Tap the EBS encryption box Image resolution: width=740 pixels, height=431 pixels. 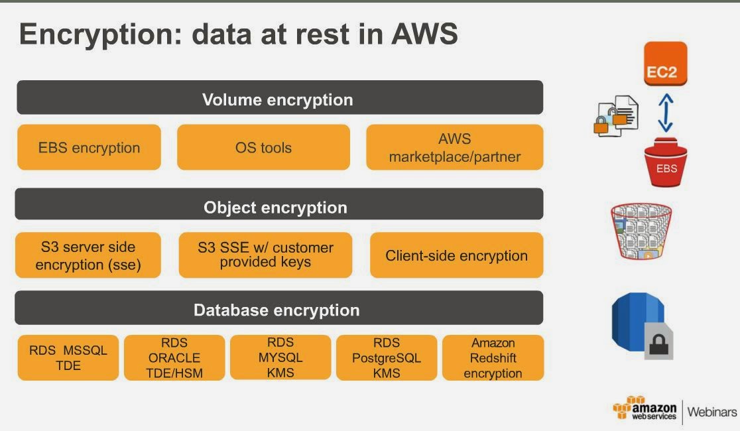click(x=89, y=147)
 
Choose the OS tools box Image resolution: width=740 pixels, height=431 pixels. click(x=263, y=147)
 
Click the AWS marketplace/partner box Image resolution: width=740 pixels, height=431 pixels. click(x=454, y=147)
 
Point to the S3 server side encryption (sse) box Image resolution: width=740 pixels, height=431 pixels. click(x=88, y=255)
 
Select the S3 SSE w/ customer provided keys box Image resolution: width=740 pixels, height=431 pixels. click(x=265, y=255)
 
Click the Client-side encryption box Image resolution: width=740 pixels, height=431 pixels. click(x=456, y=255)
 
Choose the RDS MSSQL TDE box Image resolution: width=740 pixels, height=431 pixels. click(x=68, y=357)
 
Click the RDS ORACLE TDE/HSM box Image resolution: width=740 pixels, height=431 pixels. click(x=174, y=357)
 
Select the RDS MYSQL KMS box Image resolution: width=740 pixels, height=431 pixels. click(x=280, y=357)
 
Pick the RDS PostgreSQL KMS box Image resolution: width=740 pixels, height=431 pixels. click(x=387, y=357)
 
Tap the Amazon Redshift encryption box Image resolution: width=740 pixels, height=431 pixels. click(x=493, y=357)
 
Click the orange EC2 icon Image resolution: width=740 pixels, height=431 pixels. click(x=665, y=64)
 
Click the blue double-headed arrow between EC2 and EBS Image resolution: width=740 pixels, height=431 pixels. click(x=666, y=113)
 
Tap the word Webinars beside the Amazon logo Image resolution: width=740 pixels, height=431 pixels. click(x=711, y=412)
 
